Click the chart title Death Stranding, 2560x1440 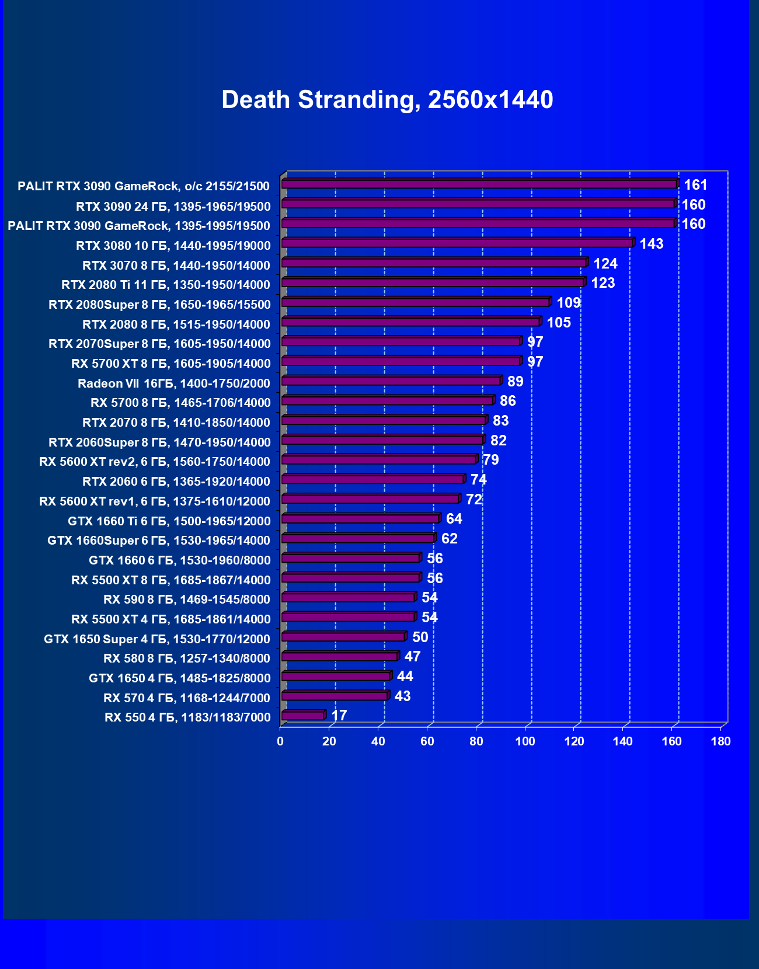tap(387, 100)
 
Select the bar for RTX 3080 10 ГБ tap(457, 243)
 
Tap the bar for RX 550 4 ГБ tap(302, 716)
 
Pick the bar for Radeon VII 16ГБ tap(391, 381)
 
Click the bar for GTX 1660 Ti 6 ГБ tap(360, 519)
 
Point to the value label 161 tap(695, 185)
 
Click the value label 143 tap(652, 244)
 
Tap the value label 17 tap(339, 716)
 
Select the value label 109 tap(569, 303)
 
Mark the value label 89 tap(515, 382)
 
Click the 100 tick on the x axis tap(525, 741)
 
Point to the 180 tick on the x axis tap(721, 741)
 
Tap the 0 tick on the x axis tap(280, 741)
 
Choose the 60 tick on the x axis tap(427, 741)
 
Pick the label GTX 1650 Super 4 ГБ tap(157, 639)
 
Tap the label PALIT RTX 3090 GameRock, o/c tap(144, 186)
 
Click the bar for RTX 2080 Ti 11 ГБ tap(433, 283)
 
